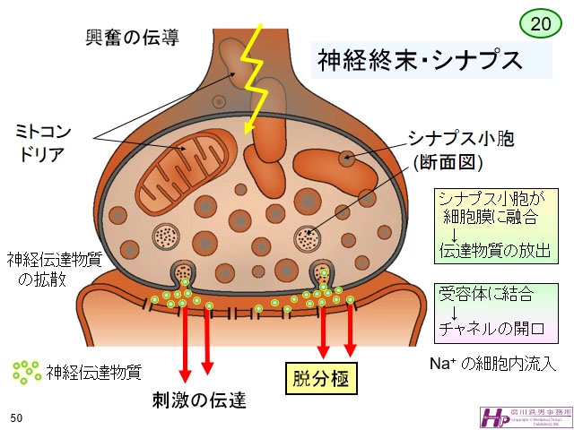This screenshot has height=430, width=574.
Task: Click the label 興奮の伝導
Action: [x=131, y=38]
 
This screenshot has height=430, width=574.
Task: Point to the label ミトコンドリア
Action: [x=44, y=142]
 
